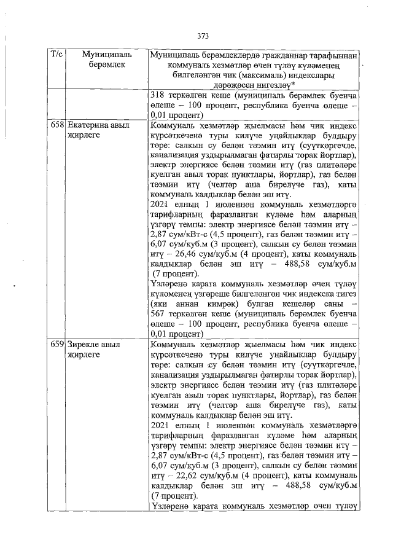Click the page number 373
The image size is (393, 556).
[203, 36]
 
